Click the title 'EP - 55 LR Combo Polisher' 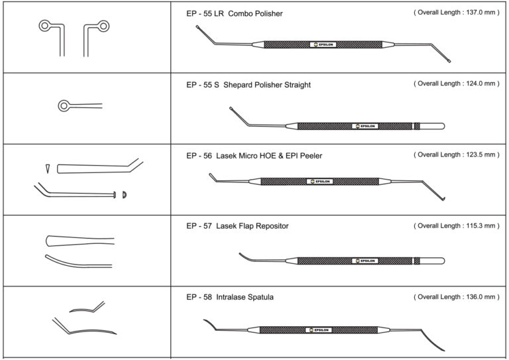[x=235, y=14]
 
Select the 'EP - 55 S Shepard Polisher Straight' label [x=249, y=85]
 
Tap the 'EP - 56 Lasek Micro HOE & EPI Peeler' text [x=254, y=156]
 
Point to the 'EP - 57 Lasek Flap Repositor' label [x=237, y=226]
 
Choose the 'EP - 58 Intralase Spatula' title [x=230, y=298]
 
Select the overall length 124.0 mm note [x=455, y=84]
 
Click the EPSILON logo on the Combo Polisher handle [x=323, y=46]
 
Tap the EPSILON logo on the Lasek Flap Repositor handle [x=365, y=261]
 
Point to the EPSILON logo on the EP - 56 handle [x=321, y=180]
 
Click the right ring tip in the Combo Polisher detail [x=103, y=26]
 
